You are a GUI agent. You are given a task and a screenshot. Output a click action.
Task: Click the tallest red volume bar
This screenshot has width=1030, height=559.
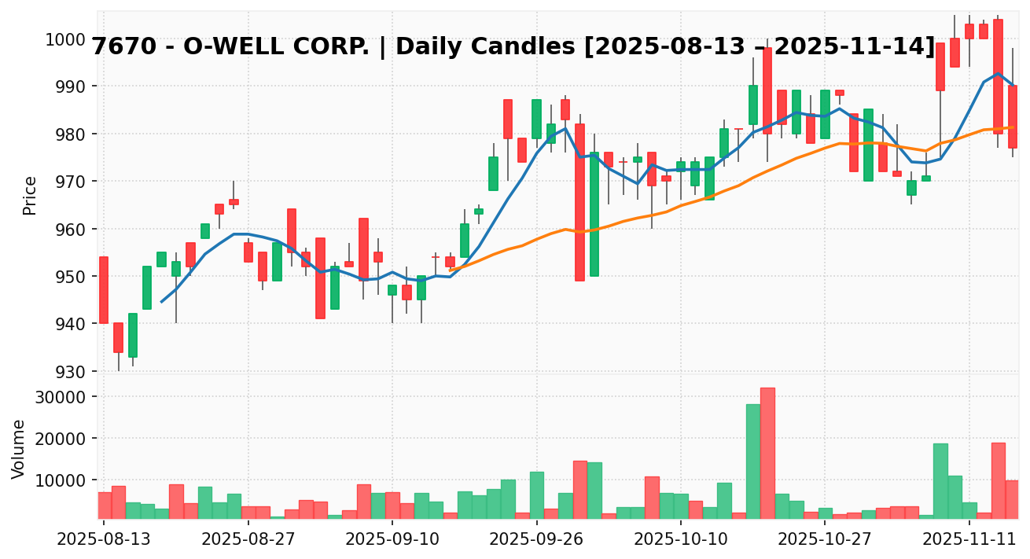click(767, 453)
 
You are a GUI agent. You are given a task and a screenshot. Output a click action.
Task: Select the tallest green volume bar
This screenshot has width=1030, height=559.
click(753, 461)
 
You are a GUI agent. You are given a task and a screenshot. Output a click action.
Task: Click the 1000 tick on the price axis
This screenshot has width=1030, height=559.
click(68, 39)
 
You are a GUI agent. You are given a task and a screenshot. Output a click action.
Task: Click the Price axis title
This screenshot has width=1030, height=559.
click(30, 195)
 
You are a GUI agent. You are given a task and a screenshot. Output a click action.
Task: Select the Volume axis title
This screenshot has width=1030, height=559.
click(19, 448)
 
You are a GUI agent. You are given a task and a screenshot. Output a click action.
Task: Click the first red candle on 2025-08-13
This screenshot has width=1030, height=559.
click(104, 290)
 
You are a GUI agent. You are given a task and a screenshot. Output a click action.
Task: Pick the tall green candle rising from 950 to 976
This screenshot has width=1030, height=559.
click(594, 214)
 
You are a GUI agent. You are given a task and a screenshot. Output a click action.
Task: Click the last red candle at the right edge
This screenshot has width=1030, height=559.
click(1012, 116)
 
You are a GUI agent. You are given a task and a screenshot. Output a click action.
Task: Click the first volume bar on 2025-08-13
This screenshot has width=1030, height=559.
click(104, 505)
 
